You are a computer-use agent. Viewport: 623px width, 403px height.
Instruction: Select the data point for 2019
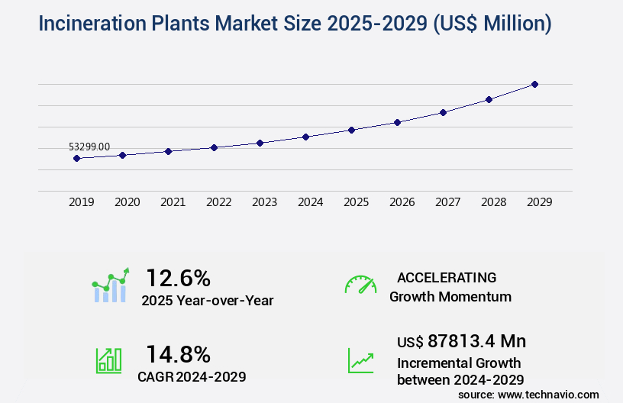(x=76, y=159)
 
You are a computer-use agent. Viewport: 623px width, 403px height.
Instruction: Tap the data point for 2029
(x=534, y=84)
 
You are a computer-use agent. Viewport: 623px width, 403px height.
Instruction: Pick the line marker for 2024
(x=305, y=137)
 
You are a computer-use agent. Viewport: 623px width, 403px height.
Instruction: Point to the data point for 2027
(x=443, y=112)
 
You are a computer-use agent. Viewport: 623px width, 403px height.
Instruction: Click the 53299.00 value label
(x=89, y=147)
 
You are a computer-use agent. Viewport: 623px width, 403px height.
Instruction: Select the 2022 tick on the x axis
(x=218, y=202)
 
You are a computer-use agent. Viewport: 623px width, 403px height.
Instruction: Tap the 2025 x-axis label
(x=356, y=202)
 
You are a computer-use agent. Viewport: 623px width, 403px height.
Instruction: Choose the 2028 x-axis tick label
(x=493, y=202)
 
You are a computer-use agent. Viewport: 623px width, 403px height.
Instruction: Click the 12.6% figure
(x=178, y=278)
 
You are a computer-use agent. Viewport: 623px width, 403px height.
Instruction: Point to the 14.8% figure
(x=178, y=354)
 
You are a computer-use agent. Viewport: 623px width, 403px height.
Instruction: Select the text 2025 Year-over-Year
(x=207, y=301)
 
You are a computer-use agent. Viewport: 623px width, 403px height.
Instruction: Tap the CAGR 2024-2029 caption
(x=192, y=376)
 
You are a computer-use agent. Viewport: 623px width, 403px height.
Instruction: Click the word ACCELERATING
(x=447, y=278)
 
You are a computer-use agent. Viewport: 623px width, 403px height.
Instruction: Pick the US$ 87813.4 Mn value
(x=461, y=341)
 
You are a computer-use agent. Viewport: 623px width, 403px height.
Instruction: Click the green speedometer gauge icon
(x=360, y=285)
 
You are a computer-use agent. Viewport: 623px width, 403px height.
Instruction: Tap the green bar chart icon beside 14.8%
(x=108, y=360)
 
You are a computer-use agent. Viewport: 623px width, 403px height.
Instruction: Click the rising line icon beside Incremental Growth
(x=360, y=360)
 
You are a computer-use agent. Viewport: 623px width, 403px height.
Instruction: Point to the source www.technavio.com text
(x=528, y=394)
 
